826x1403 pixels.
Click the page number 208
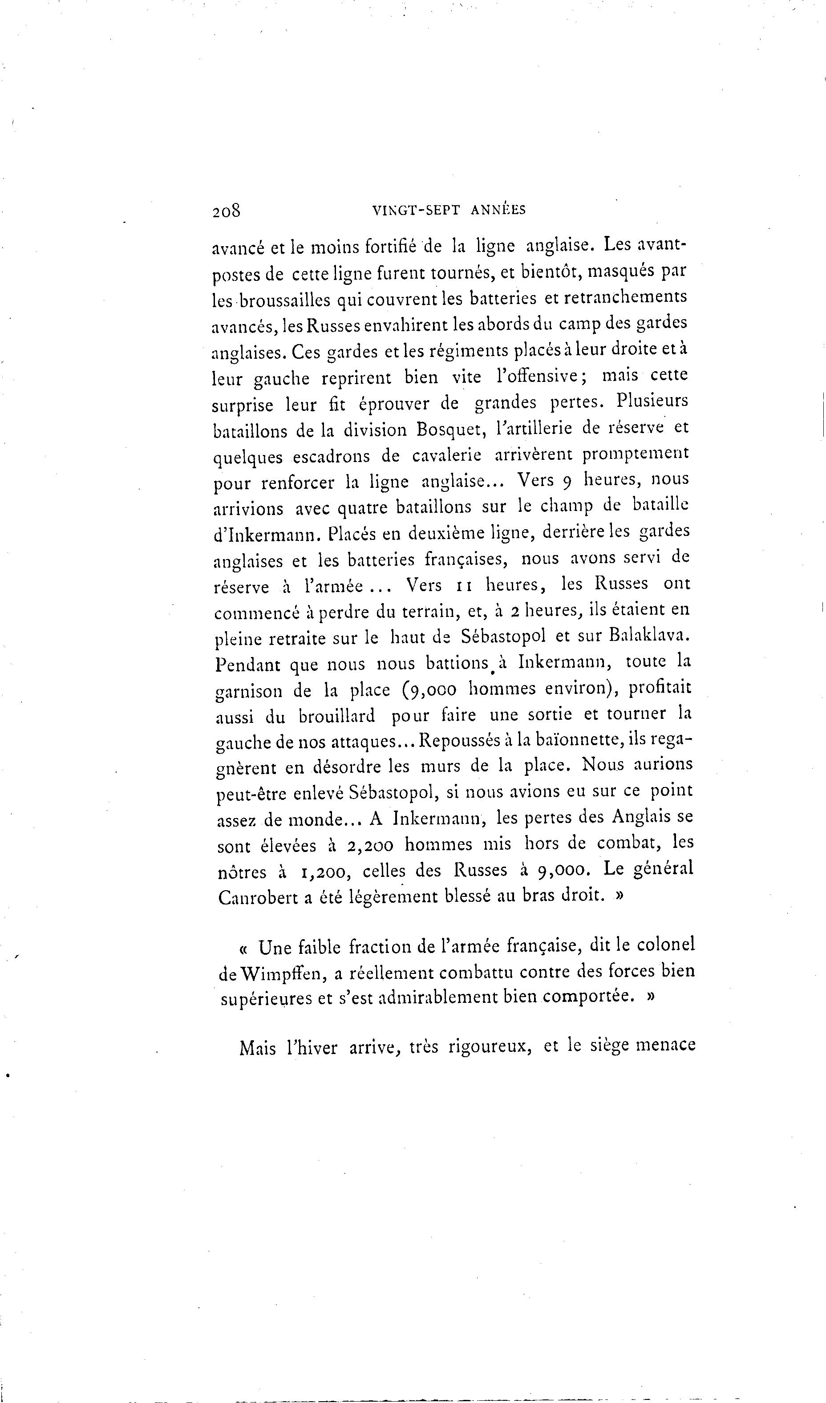[x=226, y=211]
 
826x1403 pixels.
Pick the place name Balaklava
[x=650, y=635]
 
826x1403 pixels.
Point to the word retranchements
[x=626, y=297]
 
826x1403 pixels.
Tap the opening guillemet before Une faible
[x=244, y=948]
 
